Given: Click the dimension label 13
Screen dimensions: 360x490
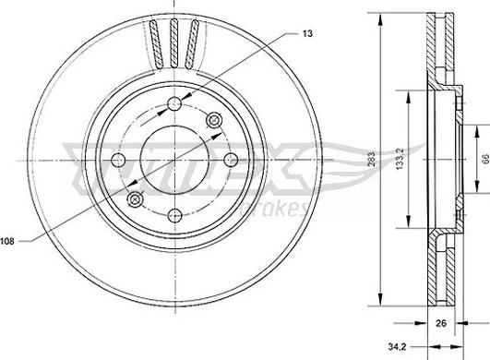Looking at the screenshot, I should (x=305, y=33).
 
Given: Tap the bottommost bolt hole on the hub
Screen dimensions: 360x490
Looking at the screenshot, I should (x=175, y=215).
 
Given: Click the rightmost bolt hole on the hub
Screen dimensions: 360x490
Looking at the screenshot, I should (x=231, y=161).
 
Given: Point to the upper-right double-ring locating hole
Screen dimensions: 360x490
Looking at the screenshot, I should (x=215, y=120).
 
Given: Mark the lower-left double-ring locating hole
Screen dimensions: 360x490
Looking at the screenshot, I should (x=136, y=199).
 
